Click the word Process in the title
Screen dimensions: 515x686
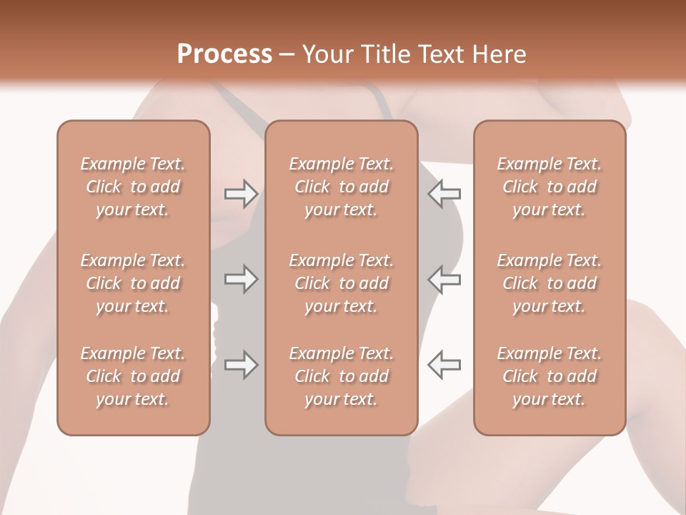[x=224, y=54]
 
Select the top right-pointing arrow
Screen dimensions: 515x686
[x=241, y=193]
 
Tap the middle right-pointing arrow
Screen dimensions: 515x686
[x=241, y=279]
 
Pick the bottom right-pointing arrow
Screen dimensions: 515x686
[x=241, y=365]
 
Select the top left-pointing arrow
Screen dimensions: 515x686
[x=444, y=193]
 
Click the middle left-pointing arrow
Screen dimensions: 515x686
[x=444, y=279]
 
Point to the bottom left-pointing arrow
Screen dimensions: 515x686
[x=444, y=365]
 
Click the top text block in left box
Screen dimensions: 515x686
[x=133, y=187]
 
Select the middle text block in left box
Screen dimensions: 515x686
[x=133, y=283]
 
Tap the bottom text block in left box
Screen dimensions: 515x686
[x=133, y=376]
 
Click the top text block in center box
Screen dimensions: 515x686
[x=341, y=187]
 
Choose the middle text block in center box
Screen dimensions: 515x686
[x=341, y=283]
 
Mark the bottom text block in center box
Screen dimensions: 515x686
[x=341, y=376]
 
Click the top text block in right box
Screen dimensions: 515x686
[x=549, y=187]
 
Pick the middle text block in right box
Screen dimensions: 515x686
[x=549, y=283]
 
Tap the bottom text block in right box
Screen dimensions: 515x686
[x=549, y=376]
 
